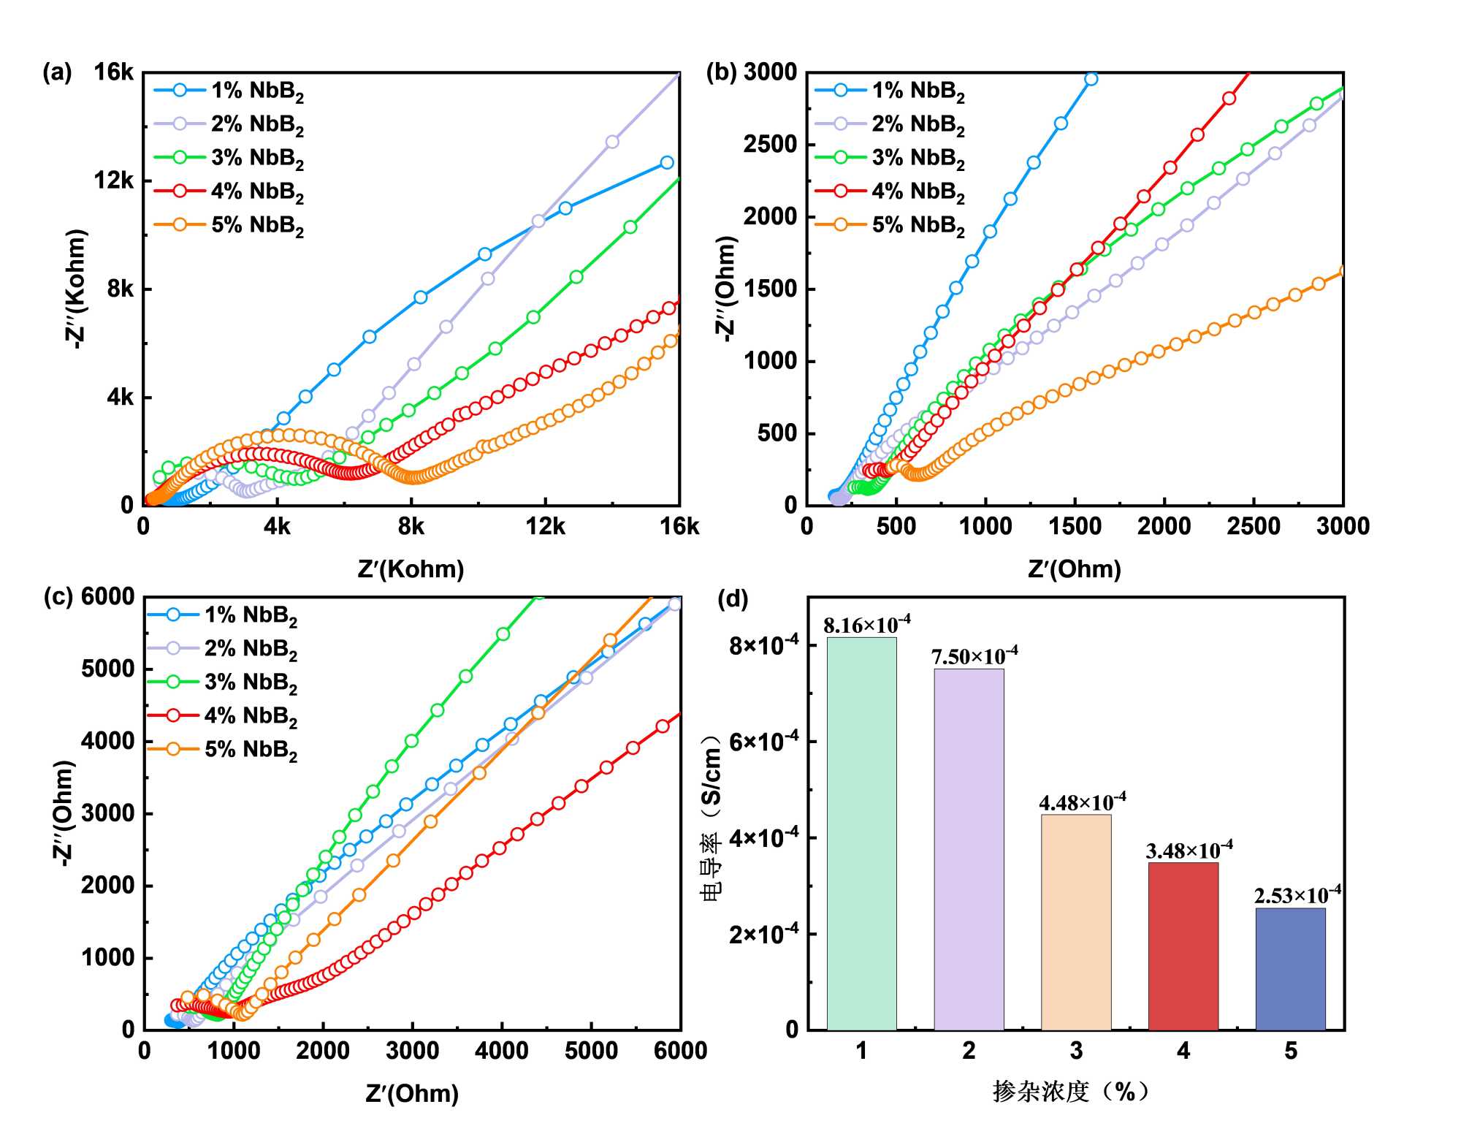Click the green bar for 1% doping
[861, 833]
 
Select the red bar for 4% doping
[1183, 946]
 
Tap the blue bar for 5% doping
[1290, 968]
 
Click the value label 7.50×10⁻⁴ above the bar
[974, 656]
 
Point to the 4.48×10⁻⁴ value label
[1082, 802]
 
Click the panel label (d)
[733, 599]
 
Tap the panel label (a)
[57, 73]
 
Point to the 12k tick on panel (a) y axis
[114, 180]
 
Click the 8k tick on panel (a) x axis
[411, 526]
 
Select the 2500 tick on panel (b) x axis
[1254, 526]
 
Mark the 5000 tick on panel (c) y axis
[108, 669]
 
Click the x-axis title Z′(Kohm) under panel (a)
[411, 568]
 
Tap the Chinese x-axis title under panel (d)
[1071, 1092]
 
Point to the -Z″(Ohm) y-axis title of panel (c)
[64, 813]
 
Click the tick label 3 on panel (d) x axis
[1076, 1051]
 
